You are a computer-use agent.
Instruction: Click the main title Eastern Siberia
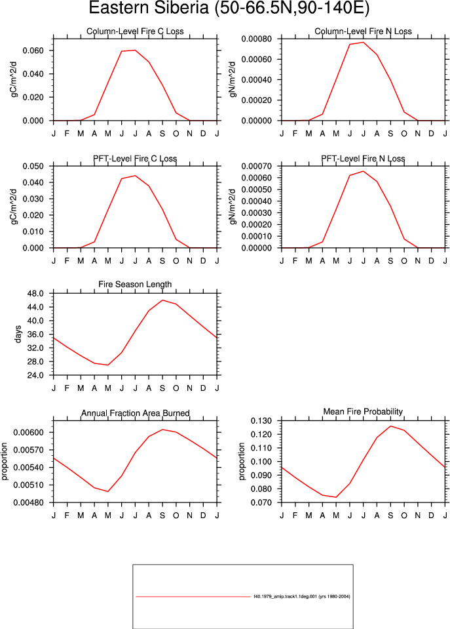pos(151,8)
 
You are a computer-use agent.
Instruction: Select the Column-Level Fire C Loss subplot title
pos(135,31)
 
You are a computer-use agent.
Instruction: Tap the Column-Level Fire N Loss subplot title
pos(363,31)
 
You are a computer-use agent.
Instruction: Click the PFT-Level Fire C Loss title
pos(135,159)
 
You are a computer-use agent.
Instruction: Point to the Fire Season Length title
pos(135,285)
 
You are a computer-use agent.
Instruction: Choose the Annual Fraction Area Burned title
pos(136,413)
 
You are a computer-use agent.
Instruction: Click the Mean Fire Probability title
pos(363,412)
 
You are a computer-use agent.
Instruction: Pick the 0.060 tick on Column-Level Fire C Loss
pos(33,51)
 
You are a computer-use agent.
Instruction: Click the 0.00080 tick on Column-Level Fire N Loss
pos(257,39)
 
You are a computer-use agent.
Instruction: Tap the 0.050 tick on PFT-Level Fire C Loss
pos(33,166)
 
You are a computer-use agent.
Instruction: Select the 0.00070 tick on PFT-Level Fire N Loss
pos(257,166)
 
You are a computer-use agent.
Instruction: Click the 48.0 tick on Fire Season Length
pos(35,294)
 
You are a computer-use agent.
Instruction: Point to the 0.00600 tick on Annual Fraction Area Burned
pos(28,432)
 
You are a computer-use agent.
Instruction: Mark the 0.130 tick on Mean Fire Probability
pos(261,421)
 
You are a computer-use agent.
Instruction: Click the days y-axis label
pos(18,335)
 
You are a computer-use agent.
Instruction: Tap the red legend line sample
pos(193,597)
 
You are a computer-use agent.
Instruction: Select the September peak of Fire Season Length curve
pos(162,300)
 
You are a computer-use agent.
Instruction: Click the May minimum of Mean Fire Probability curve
pos(336,497)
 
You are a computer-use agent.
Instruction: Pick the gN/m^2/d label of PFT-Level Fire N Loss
pos(233,207)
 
